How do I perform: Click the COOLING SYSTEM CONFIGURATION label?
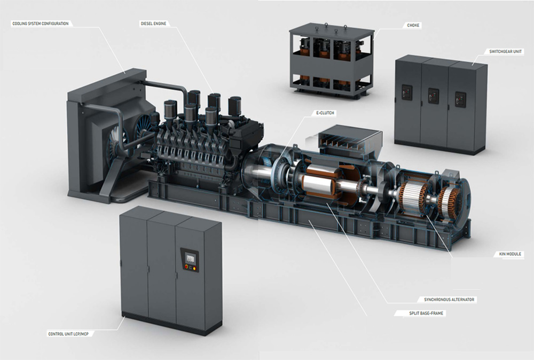coord(41,24)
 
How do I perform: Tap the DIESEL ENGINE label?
coord(153,24)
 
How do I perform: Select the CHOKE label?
coord(413,25)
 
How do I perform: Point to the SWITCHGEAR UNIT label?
coord(505,51)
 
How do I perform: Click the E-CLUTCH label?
coord(325,113)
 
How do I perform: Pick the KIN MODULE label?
coord(510,254)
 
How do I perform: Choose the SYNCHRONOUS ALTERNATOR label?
coord(449,299)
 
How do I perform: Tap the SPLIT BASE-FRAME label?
coord(426,313)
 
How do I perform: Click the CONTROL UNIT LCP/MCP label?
coord(68,334)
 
